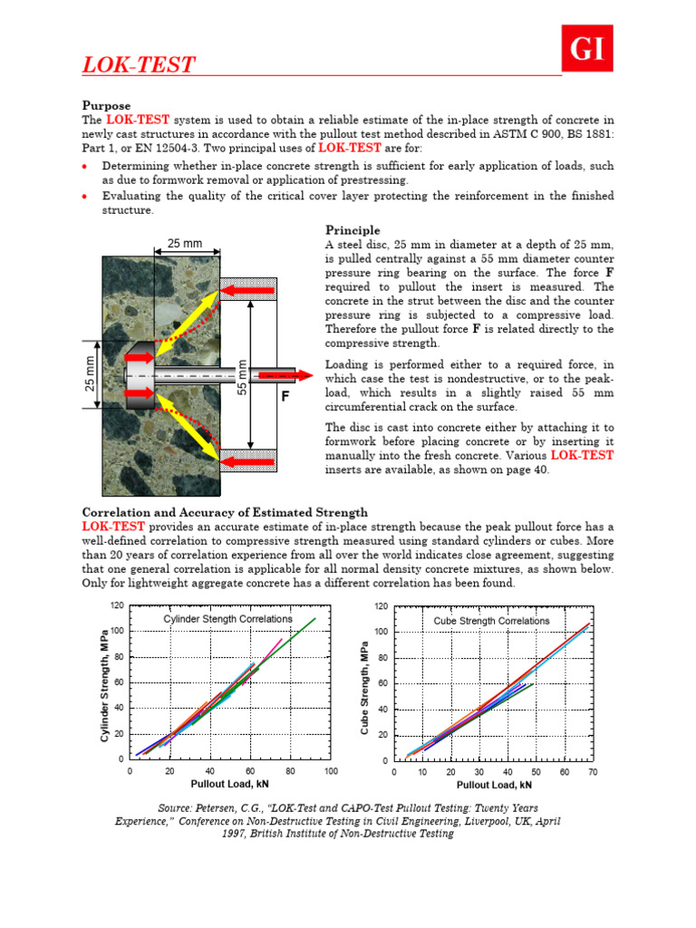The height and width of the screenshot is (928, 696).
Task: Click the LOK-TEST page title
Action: tap(138, 65)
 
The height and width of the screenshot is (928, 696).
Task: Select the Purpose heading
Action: tap(107, 106)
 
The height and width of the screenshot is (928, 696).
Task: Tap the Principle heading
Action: tap(353, 230)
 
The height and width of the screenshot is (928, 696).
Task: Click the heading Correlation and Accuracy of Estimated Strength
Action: tap(225, 513)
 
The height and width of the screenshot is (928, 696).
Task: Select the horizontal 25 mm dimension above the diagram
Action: tap(185, 243)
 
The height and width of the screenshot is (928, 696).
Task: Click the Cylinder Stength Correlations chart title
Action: tap(227, 618)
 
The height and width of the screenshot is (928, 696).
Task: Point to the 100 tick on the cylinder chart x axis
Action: tap(330, 771)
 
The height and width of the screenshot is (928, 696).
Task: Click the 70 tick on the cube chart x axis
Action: tap(594, 772)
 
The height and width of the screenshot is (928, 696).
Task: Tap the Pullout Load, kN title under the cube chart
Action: tap(493, 785)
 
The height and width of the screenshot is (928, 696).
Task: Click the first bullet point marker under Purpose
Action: tap(84, 167)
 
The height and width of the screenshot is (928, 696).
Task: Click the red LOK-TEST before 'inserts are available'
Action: tap(583, 456)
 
